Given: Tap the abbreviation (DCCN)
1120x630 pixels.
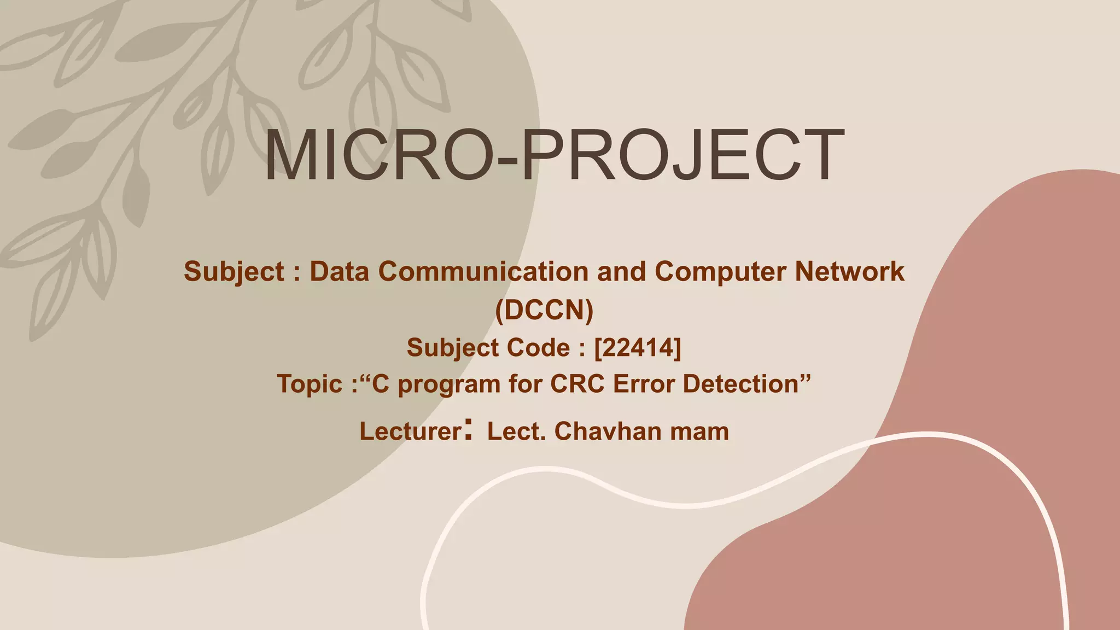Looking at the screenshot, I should (x=544, y=310).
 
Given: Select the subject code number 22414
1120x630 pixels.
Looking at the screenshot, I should (x=638, y=348).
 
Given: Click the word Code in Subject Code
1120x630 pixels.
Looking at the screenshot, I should (x=539, y=348).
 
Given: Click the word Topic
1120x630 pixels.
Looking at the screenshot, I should (x=310, y=384).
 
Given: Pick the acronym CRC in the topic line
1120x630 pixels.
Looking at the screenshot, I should (x=577, y=384).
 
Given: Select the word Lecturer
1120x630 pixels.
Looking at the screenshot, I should (x=411, y=431).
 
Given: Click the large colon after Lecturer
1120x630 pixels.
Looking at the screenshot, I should (x=468, y=430).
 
